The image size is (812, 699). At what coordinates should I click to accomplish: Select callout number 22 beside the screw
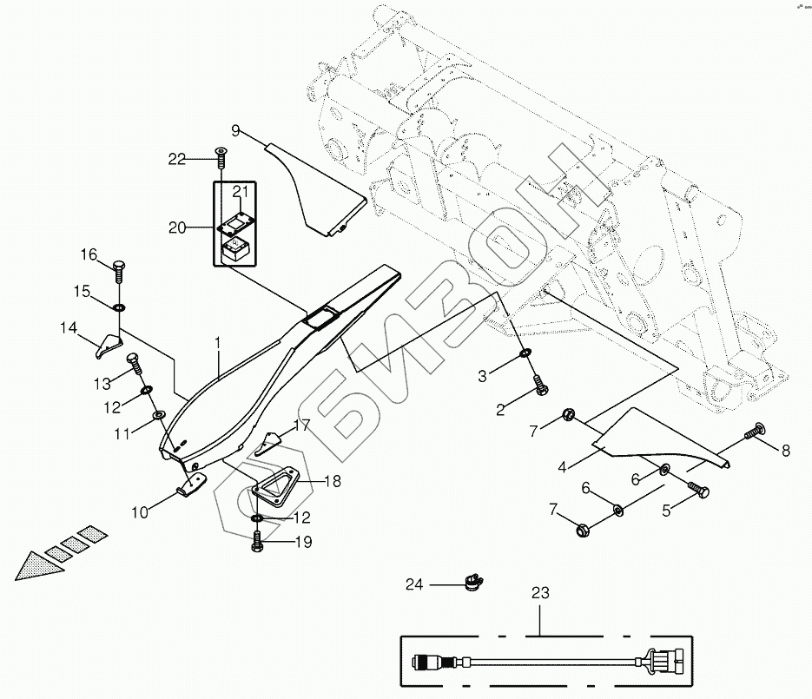coord(177,158)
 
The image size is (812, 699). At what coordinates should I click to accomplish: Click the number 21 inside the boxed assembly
coord(241,192)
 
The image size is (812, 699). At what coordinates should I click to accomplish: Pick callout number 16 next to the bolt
coord(90,254)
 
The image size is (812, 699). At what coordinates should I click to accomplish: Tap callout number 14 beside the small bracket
coord(69,328)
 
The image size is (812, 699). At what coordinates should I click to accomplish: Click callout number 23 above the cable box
coord(540,596)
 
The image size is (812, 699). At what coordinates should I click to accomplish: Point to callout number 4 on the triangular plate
coord(562,467)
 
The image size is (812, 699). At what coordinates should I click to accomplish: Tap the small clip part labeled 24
coord(473,577)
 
